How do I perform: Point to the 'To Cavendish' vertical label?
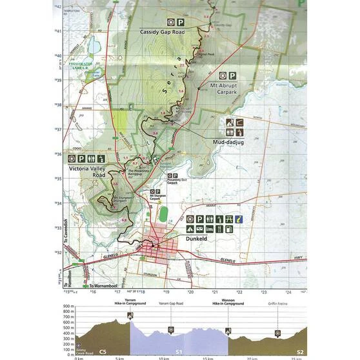point(66,245)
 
